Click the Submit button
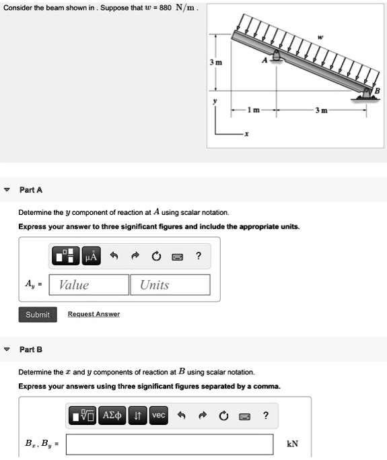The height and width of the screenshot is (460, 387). tap(38, 315)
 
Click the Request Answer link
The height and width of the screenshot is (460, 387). tap(94, 315)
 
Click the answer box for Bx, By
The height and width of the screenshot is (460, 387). tap(170, 444)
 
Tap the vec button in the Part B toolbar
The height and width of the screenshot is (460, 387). tap(158, 416)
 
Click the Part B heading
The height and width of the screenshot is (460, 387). tap(31, 349)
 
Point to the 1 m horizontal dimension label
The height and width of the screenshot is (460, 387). tap(251, 110)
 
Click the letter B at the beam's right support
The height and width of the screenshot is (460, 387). tap(377, 91)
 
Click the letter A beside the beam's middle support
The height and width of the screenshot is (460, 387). tap(265, 61)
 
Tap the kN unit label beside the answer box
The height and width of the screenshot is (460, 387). tap(292, 444)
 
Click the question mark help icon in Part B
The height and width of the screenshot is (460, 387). tap(266, 416)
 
